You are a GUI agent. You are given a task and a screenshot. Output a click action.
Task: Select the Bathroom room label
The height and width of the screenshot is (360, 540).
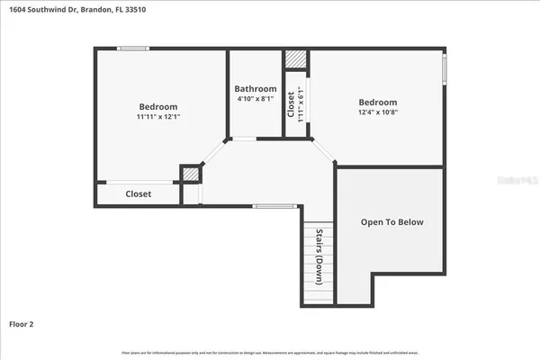pos(256,88)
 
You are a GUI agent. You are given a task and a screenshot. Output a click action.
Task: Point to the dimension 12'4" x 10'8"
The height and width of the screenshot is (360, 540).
pos(377,112)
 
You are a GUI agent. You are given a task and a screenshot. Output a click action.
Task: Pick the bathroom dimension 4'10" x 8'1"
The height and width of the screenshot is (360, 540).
pos(256,100)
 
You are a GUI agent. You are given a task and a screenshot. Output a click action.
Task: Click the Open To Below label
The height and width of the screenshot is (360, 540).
pos(391,221)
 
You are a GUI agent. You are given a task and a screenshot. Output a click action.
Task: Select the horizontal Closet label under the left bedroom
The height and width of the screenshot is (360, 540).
pos(138,193)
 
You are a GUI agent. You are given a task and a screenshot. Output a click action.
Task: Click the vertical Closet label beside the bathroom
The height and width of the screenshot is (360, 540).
pos(291,105)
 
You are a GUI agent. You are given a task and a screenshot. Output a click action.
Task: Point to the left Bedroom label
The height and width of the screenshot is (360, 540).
pos(157,106)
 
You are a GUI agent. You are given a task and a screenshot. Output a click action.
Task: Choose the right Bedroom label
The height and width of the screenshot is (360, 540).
pos(377,102)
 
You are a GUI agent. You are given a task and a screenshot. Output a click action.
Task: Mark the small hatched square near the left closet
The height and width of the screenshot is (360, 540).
pos(190,174)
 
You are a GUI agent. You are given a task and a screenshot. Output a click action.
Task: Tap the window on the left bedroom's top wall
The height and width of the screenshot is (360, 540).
pos(134,49)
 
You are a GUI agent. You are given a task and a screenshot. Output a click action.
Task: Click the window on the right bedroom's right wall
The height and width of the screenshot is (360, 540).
pos(444,70)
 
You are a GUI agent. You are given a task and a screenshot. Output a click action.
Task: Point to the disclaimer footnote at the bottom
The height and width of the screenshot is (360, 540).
pos(269,352)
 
